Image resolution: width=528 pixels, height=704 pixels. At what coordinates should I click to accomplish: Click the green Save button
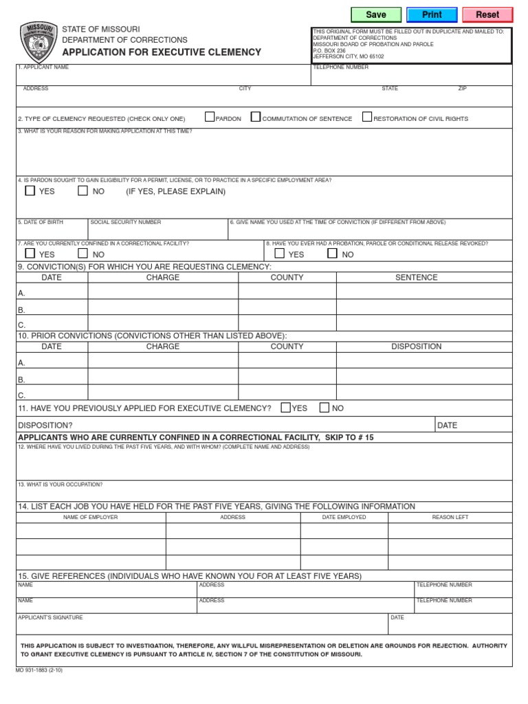point(376,14)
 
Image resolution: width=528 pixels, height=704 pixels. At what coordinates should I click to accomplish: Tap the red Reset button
point(487,14)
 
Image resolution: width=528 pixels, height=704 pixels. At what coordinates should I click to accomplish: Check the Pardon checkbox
point(210,117)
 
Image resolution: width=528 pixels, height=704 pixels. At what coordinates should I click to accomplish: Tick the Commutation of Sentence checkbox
point(256,117)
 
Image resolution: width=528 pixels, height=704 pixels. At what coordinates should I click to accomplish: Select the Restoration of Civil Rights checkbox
point(367,117)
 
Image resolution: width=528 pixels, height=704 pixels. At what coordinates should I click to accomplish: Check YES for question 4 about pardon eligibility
point(30,190)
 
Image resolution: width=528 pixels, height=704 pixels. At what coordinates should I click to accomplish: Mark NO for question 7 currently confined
point(82,253)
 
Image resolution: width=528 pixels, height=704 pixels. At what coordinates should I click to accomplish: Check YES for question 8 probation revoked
point(280,253)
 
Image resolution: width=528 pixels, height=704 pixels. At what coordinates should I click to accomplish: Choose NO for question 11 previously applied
point(324,408)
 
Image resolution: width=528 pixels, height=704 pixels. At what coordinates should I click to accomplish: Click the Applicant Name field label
point(43,67)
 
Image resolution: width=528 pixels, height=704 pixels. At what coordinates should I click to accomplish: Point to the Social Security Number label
point(126,222)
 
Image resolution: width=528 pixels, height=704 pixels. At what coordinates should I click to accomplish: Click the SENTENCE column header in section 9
point(416,278)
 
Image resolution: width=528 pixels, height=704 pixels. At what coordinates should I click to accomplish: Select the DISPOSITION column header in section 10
point(416,346)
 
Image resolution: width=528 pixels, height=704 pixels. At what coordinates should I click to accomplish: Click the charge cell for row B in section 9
point(163,308)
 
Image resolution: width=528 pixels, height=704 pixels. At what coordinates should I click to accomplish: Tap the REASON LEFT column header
point(450,517)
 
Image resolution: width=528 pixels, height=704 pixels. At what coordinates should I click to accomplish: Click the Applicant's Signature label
point(50,617)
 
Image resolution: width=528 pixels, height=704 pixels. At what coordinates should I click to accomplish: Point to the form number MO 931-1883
point(38,670)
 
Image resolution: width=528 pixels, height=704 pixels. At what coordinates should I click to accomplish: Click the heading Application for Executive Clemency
point(162,52)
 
